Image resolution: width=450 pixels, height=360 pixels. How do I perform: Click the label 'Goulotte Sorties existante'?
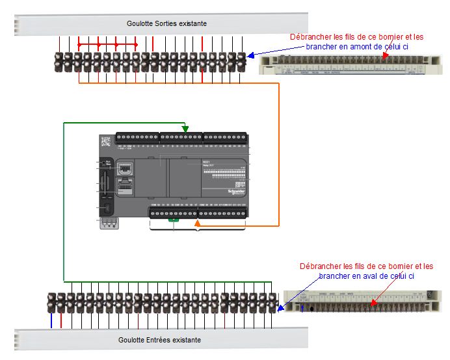tap(166, 23)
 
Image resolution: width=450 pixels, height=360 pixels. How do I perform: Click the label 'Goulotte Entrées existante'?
tap(160, 340)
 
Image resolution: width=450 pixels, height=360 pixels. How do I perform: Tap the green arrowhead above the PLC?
tap(185, 129)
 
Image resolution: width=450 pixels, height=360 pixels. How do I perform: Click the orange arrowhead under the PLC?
tap(197, 225)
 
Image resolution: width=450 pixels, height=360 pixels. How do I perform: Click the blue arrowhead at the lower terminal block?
tap(281, 307)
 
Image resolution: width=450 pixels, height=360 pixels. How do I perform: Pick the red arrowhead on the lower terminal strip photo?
tap(373, 302)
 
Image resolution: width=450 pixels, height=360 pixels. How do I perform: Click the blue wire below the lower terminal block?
tap(51, 321)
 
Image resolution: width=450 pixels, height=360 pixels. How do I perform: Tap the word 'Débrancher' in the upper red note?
tap(309, 37)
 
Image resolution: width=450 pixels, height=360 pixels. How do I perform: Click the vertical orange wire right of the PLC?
tap(279, 156)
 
